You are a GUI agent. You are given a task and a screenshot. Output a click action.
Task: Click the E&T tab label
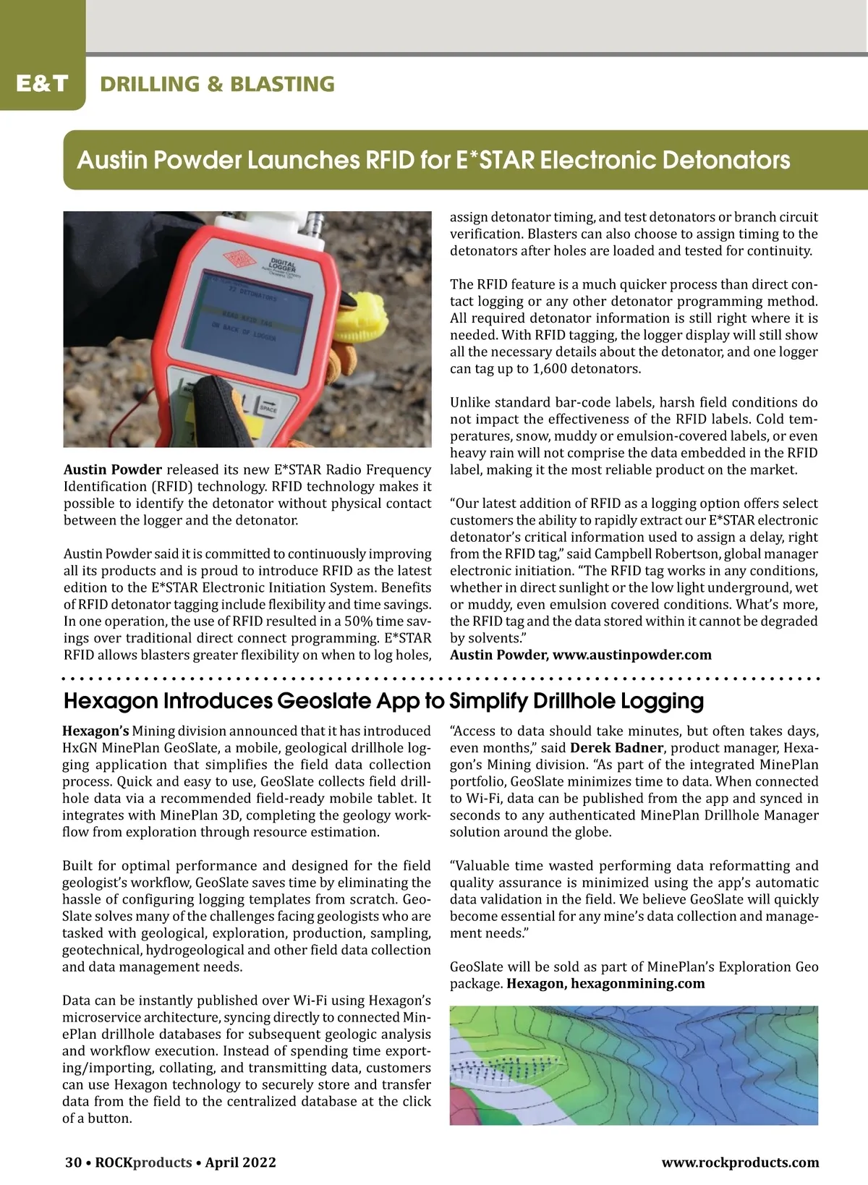[x=42, y=83]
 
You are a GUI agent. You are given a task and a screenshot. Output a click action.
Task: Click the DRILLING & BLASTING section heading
[x=217, y=84]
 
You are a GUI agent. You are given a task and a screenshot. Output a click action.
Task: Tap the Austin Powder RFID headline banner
[x=433, y=160]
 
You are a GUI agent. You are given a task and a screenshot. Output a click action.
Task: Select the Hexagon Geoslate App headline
[x=383, y=701]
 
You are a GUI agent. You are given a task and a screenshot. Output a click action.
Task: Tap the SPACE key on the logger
[x=268, y=407]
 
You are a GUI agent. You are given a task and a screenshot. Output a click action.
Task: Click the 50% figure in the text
[x=376, y=621]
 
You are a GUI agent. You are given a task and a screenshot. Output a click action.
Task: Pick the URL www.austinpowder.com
[x=631, y=655]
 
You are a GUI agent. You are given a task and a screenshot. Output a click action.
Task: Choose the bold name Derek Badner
[x=616, y=748]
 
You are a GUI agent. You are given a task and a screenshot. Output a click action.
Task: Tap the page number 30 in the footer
[x=73, y=1163]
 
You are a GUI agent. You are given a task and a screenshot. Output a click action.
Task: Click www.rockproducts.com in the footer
[x=740, y=1163]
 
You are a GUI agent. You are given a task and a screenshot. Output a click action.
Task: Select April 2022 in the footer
[x=240, y=1163]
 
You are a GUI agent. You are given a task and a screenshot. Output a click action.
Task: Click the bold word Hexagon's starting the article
[x=95, y=731]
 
